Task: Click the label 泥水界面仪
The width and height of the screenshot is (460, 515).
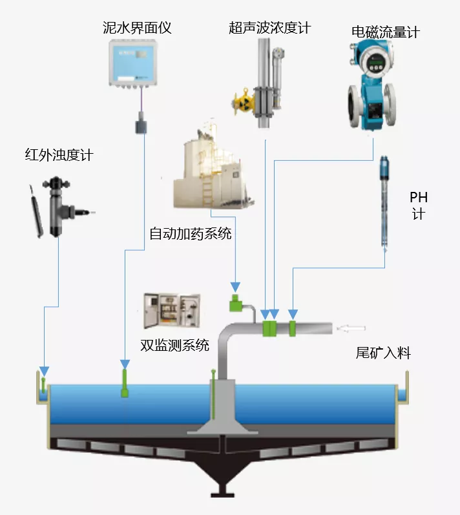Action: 137,28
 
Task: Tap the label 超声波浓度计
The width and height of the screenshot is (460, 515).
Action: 269,28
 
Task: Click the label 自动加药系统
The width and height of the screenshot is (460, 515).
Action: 190,233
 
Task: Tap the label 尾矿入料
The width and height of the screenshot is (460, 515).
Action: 383,353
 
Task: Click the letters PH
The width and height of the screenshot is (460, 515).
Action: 419,198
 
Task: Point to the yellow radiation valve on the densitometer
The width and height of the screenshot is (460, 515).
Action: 244,101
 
